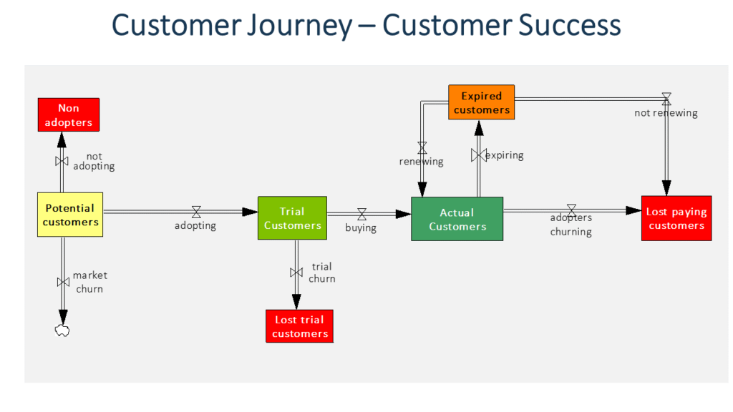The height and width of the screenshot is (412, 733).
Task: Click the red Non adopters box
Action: point(69,115)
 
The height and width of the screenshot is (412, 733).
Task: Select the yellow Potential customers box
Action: point(70,215)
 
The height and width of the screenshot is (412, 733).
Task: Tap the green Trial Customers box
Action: point(292,218)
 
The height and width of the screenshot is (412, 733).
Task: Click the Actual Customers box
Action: point(457,219)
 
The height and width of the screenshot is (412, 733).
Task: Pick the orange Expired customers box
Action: point(482,102)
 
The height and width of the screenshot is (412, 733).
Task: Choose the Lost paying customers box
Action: point(676,218)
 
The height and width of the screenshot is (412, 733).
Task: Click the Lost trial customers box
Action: point(300,326)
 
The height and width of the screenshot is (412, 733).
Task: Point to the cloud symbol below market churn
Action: point(62,330)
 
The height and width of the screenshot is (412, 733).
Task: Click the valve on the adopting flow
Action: point(196,212)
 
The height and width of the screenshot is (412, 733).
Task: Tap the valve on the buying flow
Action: point(361,214)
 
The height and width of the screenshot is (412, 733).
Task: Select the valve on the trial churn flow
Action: point(296,273)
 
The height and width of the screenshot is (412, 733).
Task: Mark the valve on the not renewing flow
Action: point(666,99)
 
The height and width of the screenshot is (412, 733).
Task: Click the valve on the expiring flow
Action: point(478,155)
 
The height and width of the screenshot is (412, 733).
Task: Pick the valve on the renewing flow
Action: point(422,148)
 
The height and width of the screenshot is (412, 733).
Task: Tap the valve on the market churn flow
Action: point(63,282)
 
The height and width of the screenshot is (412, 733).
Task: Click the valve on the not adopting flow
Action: point(62,162)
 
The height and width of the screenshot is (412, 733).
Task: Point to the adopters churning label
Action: point(571,225)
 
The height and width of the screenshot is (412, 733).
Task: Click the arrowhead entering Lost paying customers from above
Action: point(666,187)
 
